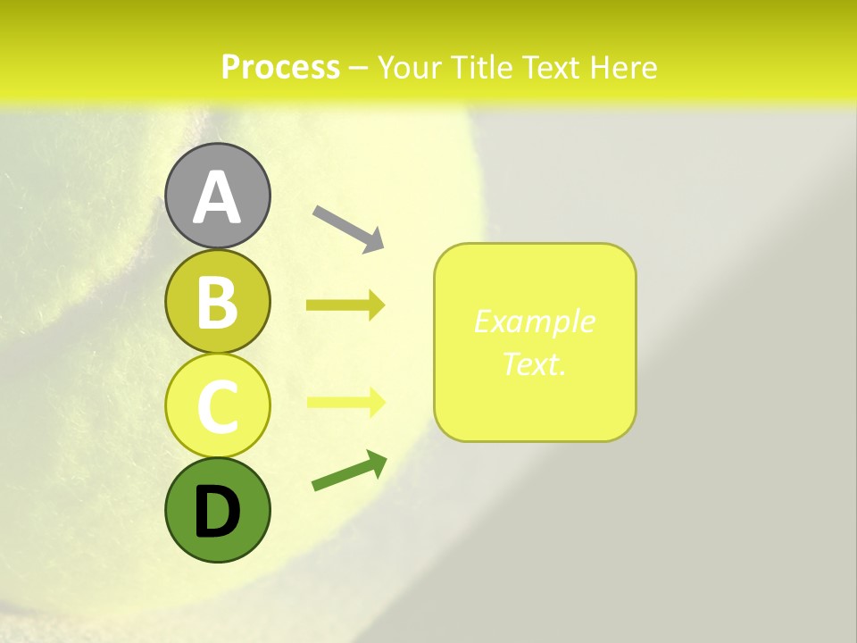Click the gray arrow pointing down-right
tap(348, 228)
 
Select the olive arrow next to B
tap(345, 305)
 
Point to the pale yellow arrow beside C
tap(345, 402)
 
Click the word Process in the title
tap(280, 67)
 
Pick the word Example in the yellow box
tap(534, 321)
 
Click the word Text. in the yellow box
tap(534, 363)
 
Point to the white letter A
tap(217, 198)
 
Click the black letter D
tap(217, 512)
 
